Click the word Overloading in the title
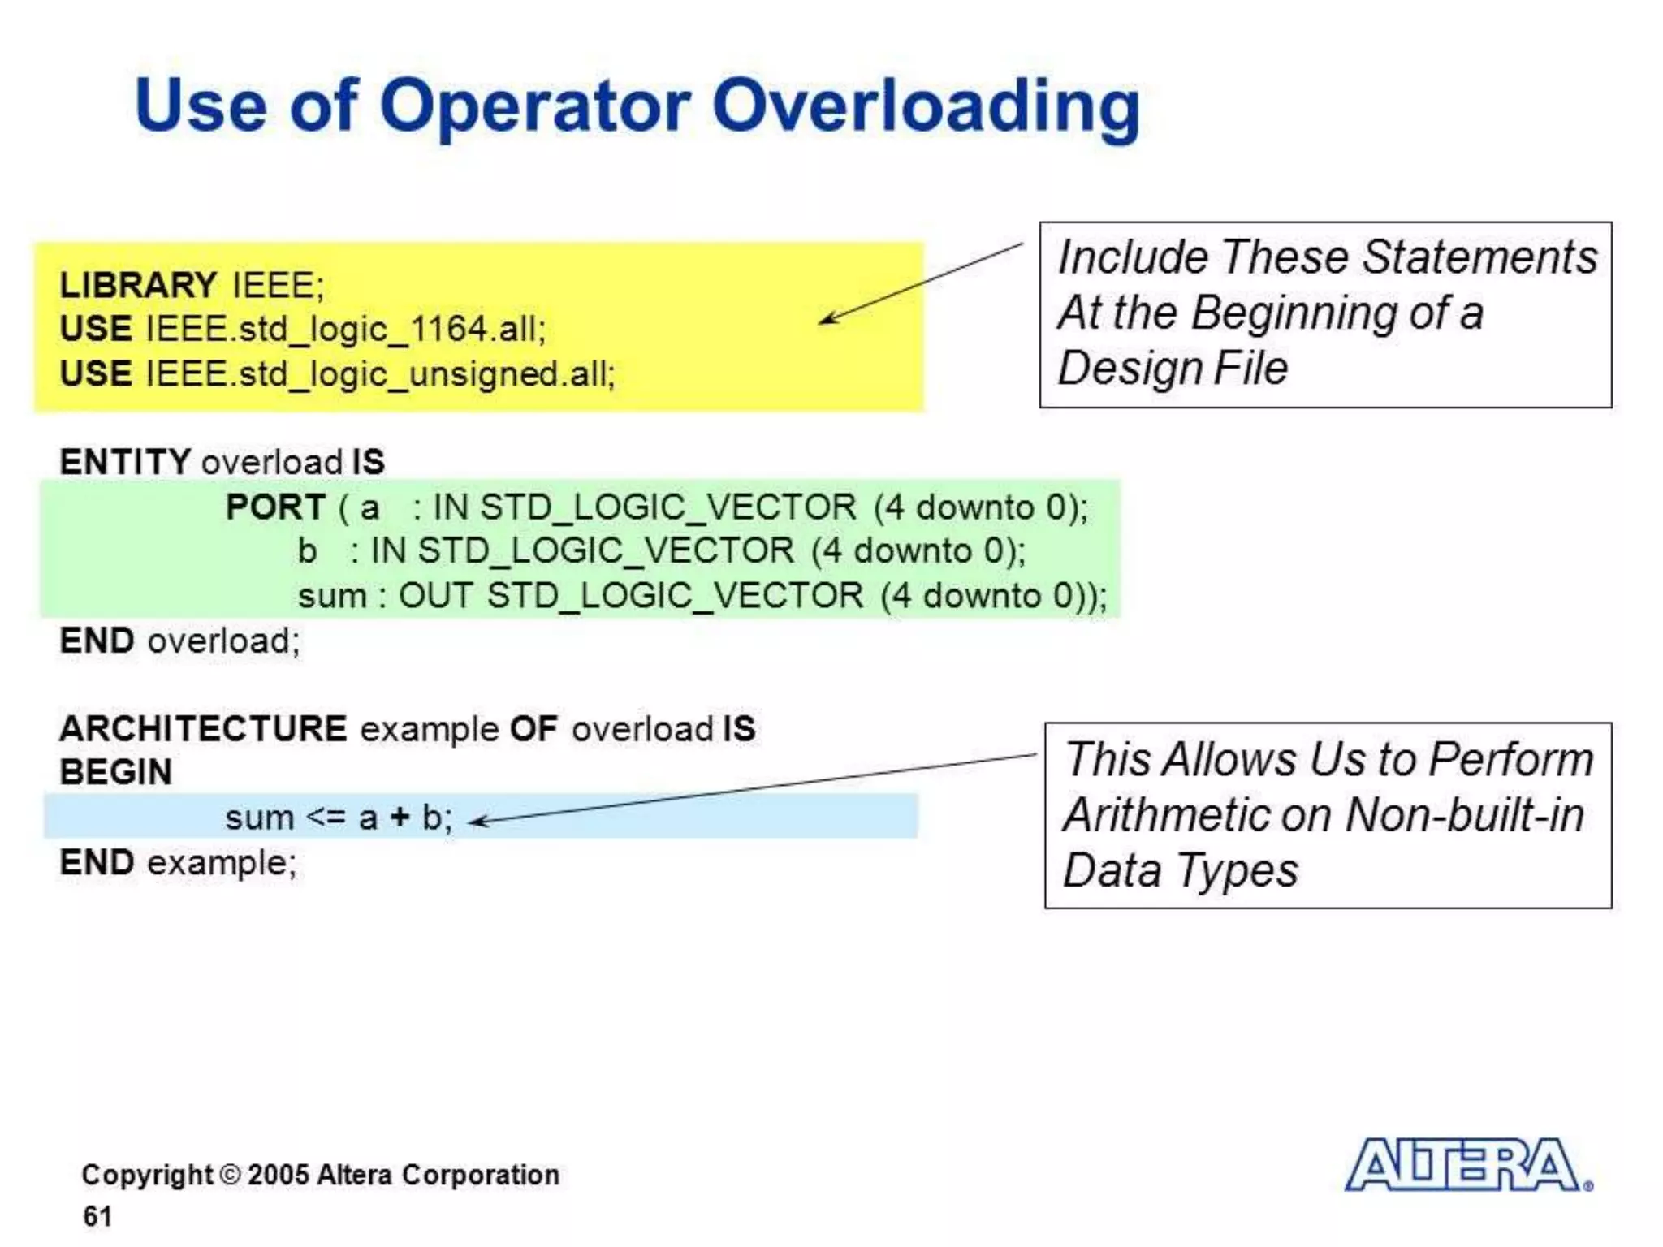(926, 106)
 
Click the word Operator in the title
(535, 106)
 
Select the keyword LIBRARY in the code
(137, 285)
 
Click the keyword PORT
(275, 507)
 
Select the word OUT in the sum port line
(435, 595)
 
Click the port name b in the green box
(306, 550)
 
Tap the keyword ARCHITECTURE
(203, 728)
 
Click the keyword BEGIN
(116, 772)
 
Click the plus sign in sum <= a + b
(400, 817)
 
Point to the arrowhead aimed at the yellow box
(827, 318)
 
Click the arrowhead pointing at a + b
(477, 822)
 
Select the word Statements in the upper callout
(1479, 257)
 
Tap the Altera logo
(1467, 1165)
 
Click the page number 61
(97, 1215)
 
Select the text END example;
(179, 862)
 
